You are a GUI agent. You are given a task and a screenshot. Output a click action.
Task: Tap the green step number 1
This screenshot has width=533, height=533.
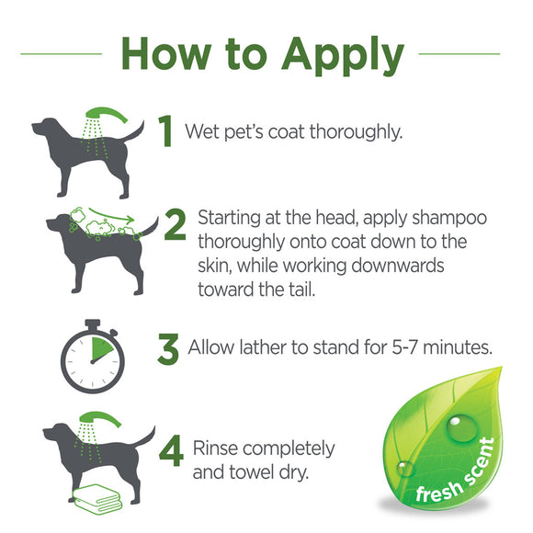coord(165,131)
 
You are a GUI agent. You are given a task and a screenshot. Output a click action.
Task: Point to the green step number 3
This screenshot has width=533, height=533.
coord(167,348)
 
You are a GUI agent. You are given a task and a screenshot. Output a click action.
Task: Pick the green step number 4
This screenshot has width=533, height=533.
coord(170,456)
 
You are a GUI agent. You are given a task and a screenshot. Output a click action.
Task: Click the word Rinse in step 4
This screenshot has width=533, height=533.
coord(218,448)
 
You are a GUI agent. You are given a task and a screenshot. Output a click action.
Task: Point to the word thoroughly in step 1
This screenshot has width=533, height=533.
coord(354,131)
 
